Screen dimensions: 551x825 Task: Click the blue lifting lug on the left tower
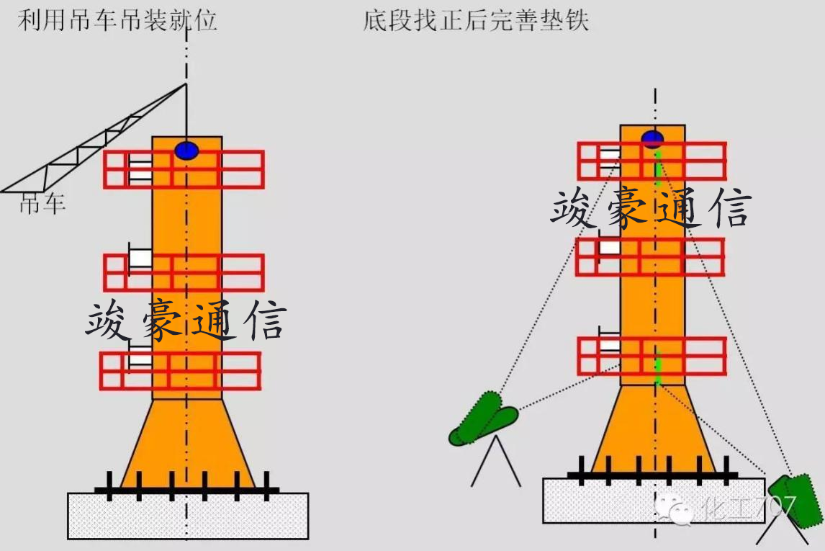click(186, 151)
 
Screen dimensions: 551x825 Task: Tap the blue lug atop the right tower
click(653, 138)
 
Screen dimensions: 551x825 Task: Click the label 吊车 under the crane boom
click(42, 205)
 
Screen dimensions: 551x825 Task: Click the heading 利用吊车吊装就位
click(117, 20)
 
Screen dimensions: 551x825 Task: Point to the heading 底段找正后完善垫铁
click(476, 20)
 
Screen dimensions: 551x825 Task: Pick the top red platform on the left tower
click(184, 169)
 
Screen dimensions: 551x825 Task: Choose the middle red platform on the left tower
click(184, 273)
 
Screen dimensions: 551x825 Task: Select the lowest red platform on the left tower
click(180, 371)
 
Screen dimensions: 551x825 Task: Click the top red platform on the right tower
click(652, 161)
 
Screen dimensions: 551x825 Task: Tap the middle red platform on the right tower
click(650, 257)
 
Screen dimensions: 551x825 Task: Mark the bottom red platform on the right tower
click(652, 356)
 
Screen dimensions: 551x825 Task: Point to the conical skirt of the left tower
click(187, 443)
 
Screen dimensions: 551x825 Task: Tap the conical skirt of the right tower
click(654, 429)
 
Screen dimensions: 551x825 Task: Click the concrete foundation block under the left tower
click(188, 516)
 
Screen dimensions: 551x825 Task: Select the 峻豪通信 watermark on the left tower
click(186, 322)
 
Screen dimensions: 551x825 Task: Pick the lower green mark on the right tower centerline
click(657, 364)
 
